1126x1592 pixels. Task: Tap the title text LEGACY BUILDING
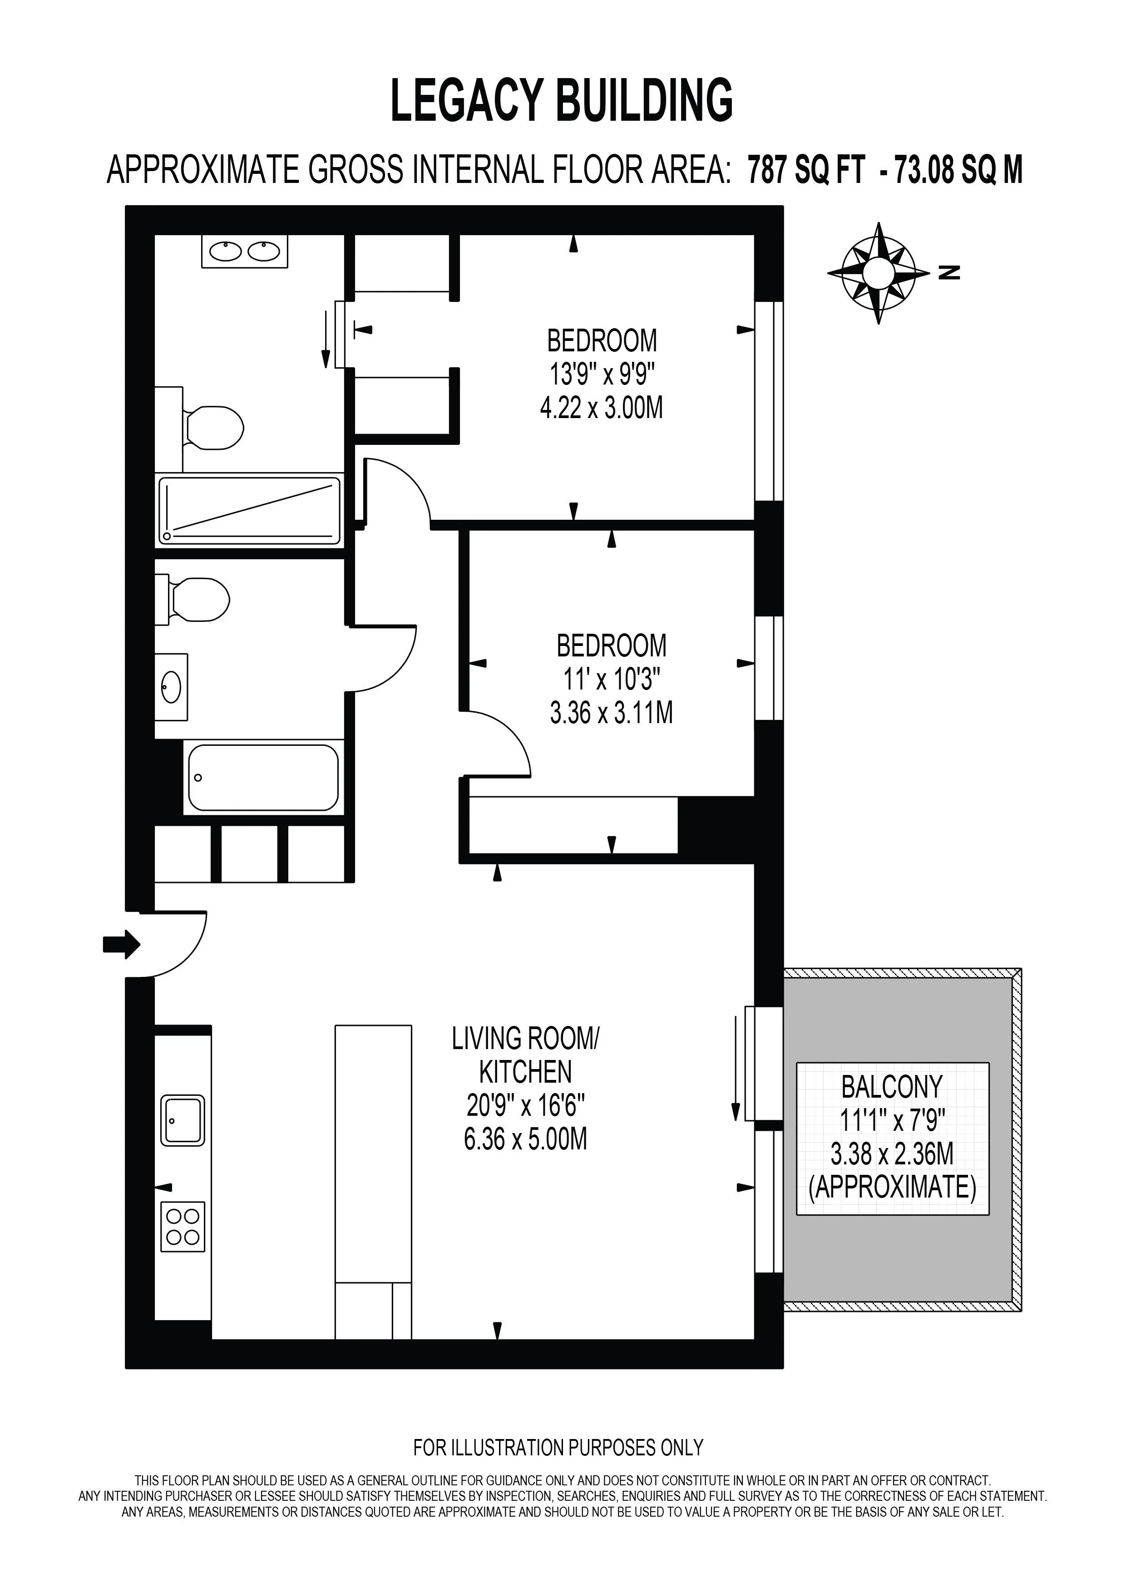(x=562, y=100)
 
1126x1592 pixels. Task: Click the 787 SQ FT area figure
(x=806, y=169)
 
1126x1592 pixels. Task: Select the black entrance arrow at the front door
(x=122, y=944)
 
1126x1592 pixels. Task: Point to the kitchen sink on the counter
(x=183, y=1120)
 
